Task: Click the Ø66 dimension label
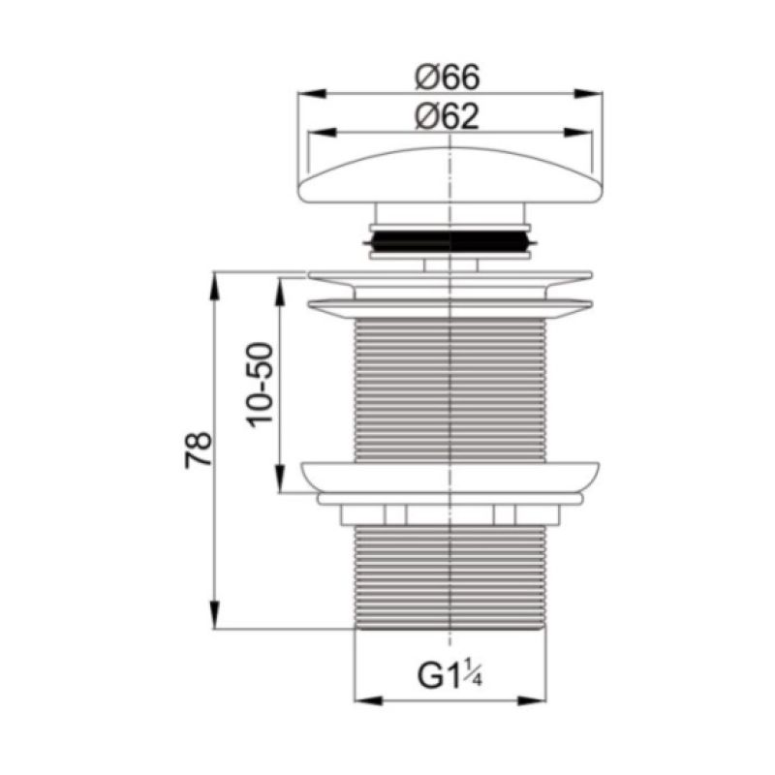(448, 77)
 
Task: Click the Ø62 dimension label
(448, 117)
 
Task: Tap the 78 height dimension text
(199, 450)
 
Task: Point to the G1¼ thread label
(449, 675)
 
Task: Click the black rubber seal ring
(449, 241)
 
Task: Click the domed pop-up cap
(450, 175)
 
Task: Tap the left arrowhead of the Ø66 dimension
(312, 93)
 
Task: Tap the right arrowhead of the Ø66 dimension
(589, 93)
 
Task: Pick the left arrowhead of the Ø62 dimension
(323, 133)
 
